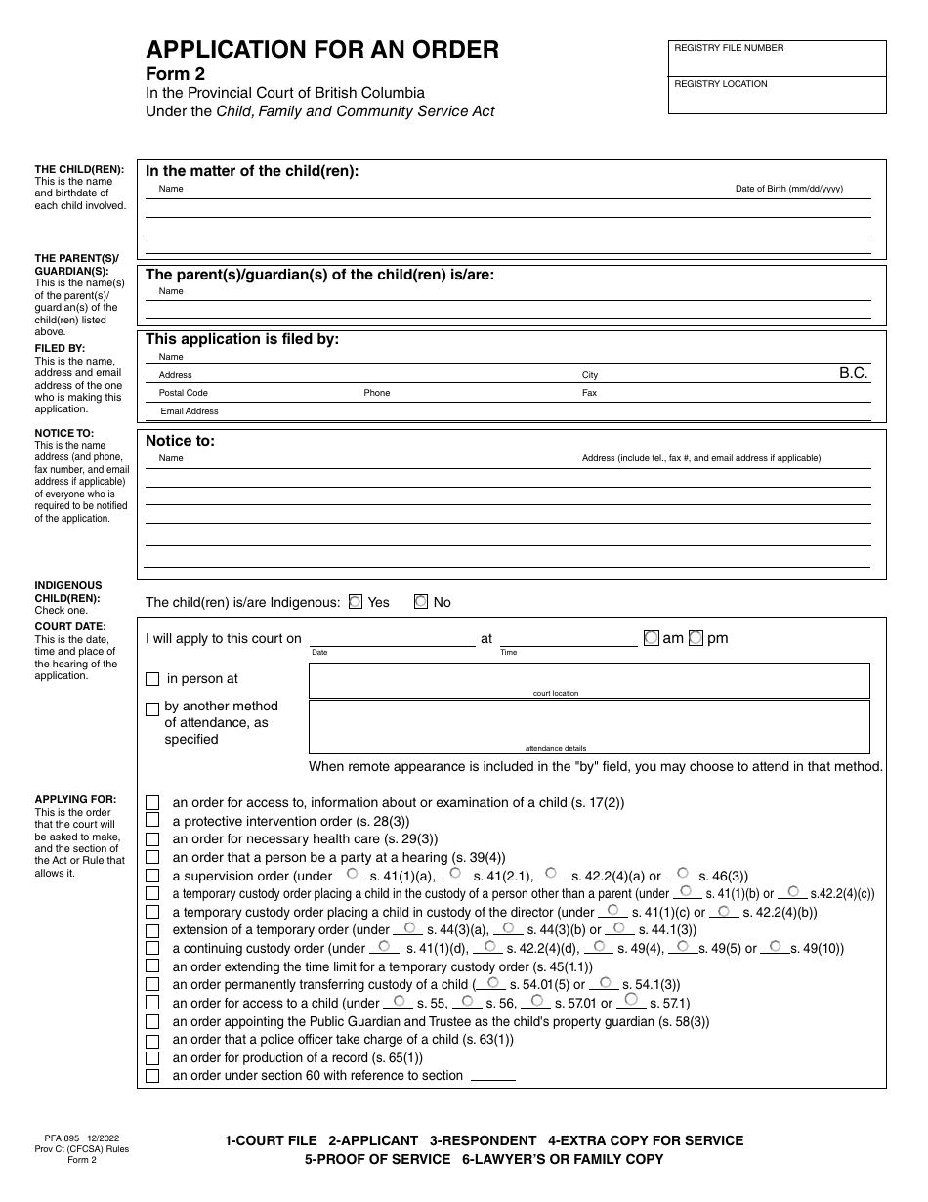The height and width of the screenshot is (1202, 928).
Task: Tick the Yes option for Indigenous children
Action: [356, 602]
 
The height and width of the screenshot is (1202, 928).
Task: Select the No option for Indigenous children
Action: [421, 602]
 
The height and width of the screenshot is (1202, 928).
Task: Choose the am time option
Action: [652, 638]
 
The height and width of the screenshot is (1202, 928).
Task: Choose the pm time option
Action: [696, 638]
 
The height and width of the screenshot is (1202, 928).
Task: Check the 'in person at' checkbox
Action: [152, 679]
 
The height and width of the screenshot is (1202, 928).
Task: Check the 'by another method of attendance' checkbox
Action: [152, 709]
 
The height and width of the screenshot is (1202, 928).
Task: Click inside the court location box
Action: [589, 677]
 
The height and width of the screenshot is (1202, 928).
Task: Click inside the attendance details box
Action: [589, 723]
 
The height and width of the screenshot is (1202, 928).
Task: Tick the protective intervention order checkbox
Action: [152, 821]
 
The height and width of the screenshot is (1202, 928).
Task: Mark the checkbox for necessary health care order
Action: [152, 839]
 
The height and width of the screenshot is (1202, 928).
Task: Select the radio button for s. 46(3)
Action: [683, 872]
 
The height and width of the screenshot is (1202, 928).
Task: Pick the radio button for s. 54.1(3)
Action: [605, 981]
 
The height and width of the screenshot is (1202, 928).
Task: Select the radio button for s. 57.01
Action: [537, 999]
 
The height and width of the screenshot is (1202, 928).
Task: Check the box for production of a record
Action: [152, 1057]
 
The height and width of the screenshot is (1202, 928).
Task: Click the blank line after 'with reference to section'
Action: [492, 1077]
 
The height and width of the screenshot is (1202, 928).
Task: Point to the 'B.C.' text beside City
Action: [853, 373]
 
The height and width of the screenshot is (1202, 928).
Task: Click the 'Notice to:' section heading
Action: [181, 441]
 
